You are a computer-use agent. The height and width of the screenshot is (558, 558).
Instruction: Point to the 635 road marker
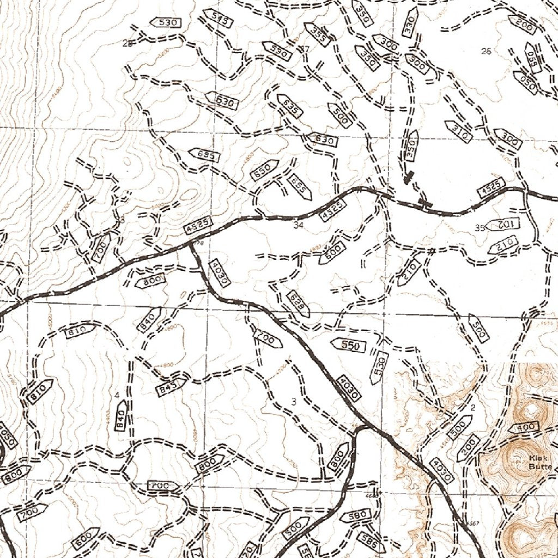pos(289,105)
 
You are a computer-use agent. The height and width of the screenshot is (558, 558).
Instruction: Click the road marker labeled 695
pos(204,155)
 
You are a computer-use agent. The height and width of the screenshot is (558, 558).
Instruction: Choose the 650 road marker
pos(264,171)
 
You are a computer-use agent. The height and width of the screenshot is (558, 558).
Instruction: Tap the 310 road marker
pos(458,131)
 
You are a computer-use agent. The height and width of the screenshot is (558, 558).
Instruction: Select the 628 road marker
pos(297,303)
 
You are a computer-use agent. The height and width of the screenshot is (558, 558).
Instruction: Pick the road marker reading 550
pos(349,345)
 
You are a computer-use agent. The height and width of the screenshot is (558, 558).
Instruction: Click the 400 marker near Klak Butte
pos(525,428)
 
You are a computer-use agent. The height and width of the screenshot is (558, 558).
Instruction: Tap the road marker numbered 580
pos(357,515)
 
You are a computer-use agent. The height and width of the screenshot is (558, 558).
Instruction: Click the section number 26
pos(487,51)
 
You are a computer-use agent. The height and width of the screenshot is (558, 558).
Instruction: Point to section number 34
pos(298,224)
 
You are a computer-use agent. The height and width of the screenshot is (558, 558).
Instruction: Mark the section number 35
pos(480,228)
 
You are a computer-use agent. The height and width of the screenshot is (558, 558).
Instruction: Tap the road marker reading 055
pos(530,58)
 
